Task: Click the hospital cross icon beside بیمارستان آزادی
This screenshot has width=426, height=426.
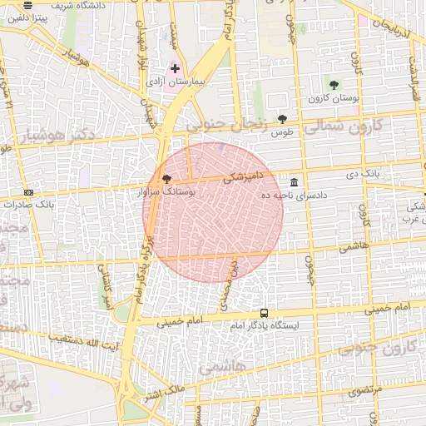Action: tap(176, 67)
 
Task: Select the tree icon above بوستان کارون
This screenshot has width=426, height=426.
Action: tap(334, 85)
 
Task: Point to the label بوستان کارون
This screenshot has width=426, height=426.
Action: tap(333, 99)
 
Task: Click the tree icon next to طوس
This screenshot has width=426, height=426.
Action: tap(282, 119)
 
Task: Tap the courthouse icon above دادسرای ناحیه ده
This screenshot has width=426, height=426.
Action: tap(294, 182)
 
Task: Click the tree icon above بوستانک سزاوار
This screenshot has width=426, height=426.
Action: tap(166, 178)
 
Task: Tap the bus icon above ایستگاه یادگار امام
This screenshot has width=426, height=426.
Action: tap(264, 313)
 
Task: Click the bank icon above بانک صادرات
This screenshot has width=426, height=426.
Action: tap(29, 191)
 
